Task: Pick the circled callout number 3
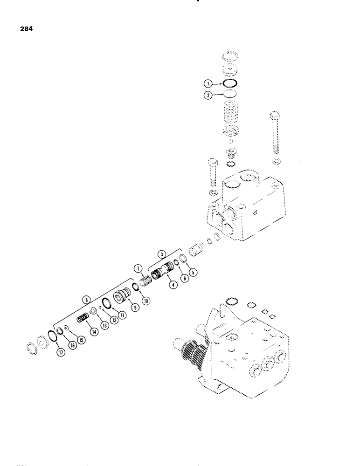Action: (x=161, y=254)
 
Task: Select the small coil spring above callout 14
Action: (x=83, y=318)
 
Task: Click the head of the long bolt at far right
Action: (x=274, y=117)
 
